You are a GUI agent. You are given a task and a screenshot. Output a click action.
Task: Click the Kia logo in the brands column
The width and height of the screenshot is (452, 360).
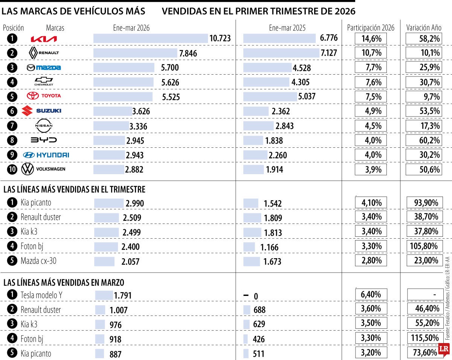coord(44,39)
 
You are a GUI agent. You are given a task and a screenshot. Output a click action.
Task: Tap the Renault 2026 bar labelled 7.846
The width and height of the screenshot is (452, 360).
coord(135,53)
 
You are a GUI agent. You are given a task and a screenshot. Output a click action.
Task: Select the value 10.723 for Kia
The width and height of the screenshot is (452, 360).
coord(220,38)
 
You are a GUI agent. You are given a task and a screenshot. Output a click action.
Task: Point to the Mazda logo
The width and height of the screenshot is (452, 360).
coord(44,67)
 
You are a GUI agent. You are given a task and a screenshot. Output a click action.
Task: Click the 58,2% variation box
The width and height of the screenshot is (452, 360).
coord(423,38)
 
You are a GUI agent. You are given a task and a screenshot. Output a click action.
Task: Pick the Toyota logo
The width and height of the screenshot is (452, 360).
coord(44,96)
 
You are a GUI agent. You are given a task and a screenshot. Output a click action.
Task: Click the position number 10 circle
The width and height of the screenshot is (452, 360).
coord(12,169)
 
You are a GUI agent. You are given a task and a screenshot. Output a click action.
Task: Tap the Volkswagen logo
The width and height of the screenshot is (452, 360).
coord(43,169)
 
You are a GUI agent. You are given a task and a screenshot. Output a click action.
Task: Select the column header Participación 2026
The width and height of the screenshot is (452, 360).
coord(371,28)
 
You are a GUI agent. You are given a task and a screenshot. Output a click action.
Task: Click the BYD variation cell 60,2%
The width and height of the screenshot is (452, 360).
coord(423,140)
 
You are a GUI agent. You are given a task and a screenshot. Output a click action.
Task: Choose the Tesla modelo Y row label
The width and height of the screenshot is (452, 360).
coord(41,295)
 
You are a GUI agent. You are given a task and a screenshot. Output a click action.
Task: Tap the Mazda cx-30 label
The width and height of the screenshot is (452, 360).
coord(38,260)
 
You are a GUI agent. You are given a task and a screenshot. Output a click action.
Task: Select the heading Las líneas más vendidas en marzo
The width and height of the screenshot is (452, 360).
coord(64,282)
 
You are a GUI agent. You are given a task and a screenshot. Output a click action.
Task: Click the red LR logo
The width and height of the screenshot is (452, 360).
coord(443,350)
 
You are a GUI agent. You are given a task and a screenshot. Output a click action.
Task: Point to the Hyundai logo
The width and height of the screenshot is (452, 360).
coord(46,155)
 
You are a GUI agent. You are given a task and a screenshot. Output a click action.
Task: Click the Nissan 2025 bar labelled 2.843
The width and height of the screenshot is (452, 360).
coord(258,126)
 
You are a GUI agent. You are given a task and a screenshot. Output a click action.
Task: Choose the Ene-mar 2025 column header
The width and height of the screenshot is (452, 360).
coord(287,28)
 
